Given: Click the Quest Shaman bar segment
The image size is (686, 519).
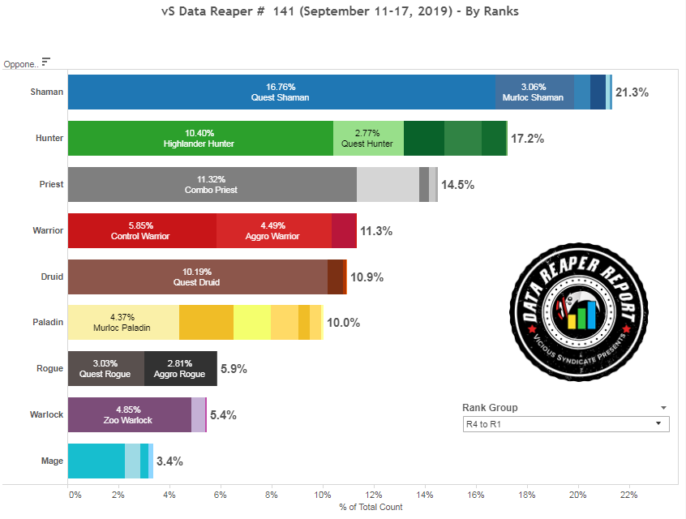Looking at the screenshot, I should click(x=281, y=92).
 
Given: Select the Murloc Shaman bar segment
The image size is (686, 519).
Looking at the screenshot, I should click(x=534, y=92).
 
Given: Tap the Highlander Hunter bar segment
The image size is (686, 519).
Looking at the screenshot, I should click(x=199, y=138).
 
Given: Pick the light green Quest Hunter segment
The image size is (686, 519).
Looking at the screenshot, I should click(x=368, y=138).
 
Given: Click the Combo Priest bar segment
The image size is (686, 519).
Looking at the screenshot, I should click(x=212, y=184).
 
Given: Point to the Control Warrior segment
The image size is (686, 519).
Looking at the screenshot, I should click(x=142, y=230).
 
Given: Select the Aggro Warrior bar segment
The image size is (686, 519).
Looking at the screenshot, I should click(x=274, y=230).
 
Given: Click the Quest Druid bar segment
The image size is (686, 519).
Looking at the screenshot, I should click(x=197, y=277).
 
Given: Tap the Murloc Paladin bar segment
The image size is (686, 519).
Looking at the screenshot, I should click(x=123, y=322).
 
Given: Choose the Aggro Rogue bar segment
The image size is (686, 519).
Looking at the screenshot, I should click(x=181, y=368).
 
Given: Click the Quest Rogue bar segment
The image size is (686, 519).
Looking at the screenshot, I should click(x=106, y=368).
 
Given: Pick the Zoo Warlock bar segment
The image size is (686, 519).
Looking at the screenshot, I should click(x=130, y=414).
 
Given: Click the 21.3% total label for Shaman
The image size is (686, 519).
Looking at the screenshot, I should click(x=632, y=92).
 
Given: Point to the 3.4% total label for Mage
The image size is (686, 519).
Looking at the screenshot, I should click(x=169, y=461).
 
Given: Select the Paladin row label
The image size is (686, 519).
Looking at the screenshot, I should click(x=48, y=322).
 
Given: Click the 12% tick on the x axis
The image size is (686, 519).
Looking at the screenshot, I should click(x=374, y=495).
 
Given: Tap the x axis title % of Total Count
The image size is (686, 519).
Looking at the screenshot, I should click(x=371, y=507).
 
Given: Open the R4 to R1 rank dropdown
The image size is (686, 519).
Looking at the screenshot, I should click(x=565, y=424).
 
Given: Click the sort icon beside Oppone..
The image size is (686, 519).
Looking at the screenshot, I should click(x=46, y=61).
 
